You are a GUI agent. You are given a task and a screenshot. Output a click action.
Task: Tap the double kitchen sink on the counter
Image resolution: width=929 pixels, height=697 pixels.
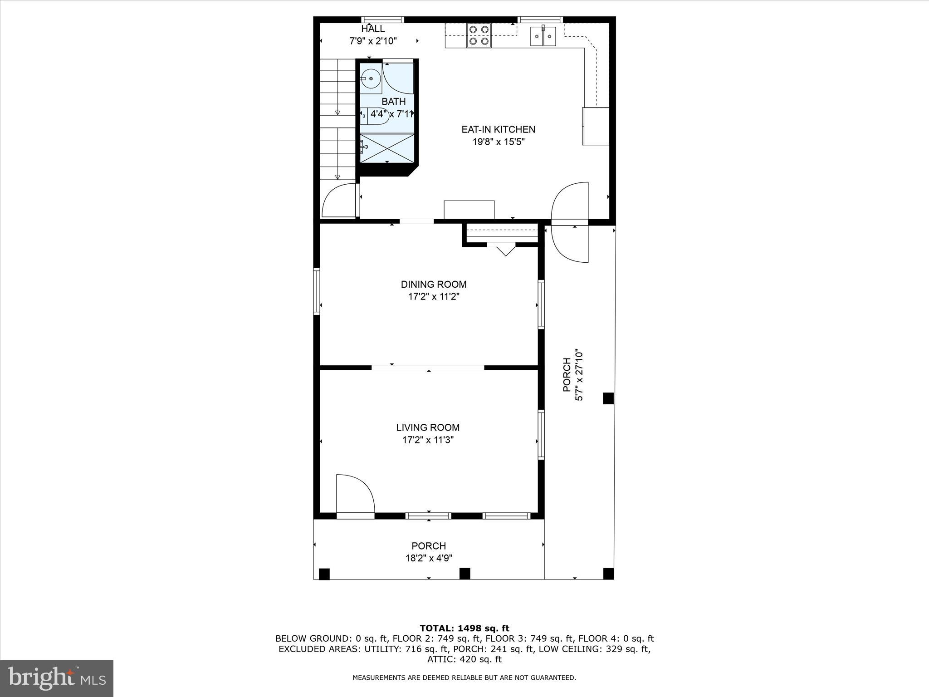click(543, 36)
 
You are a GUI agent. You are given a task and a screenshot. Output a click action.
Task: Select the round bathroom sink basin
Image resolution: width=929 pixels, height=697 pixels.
click(371, 79)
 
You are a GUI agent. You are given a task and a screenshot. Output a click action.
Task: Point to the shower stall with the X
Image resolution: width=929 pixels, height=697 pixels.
click(387, 147)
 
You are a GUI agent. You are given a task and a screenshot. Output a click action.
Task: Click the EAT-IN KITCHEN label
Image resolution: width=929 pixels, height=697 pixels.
click(498, 129)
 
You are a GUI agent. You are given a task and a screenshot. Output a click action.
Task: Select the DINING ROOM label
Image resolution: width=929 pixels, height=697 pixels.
click(433, 285)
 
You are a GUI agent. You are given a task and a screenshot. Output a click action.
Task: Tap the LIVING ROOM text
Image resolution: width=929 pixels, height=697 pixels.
click(428, 427)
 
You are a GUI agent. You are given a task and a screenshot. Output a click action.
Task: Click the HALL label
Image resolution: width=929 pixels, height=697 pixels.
click(373, 29)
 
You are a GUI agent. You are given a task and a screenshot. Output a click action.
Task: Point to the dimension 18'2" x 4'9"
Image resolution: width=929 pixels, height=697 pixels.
click(429, 558)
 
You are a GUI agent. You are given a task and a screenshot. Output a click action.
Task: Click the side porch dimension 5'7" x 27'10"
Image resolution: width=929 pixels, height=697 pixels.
click(579, 375)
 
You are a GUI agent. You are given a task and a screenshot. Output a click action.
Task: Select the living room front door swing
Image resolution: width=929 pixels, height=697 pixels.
click(355, 494)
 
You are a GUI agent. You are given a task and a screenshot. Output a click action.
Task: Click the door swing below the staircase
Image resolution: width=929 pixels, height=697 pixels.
click(339, 201)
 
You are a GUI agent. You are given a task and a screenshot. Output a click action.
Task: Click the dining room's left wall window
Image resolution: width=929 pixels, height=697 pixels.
click(317, 291)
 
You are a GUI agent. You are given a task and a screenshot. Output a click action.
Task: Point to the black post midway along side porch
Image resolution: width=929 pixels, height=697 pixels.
click(608, 398)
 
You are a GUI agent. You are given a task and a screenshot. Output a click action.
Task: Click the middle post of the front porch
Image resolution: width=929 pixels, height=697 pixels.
click(464, 574)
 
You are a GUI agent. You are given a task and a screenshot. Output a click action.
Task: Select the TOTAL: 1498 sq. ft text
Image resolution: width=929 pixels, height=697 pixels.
click(464, 628)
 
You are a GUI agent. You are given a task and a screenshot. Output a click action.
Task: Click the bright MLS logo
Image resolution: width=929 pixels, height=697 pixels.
click(57, 678)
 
